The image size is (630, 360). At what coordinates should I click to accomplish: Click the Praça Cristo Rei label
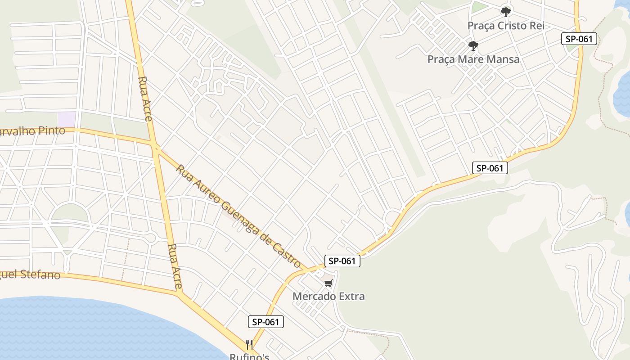click(506, 26)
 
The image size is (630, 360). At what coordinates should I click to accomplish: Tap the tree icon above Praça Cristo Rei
click(506, 12)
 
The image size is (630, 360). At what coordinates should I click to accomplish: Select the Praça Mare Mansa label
click(473, 59)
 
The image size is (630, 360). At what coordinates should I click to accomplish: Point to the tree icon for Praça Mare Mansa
click(473, 45)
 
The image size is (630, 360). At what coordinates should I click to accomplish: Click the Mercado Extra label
click(328, 297)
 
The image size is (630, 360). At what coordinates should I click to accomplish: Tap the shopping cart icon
click(328, 283)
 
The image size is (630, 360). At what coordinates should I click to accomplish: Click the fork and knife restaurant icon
click(249, 345)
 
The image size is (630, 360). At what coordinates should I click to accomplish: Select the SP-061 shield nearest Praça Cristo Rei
click(579, 39)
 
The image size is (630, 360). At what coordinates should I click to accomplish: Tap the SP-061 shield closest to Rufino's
click(266, 322)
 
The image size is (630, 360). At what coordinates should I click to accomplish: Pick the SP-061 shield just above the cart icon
click(342, 261)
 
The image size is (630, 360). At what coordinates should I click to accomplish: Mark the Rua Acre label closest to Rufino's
click(175, 266)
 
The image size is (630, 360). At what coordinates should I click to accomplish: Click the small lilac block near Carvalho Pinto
click(67, 119)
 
